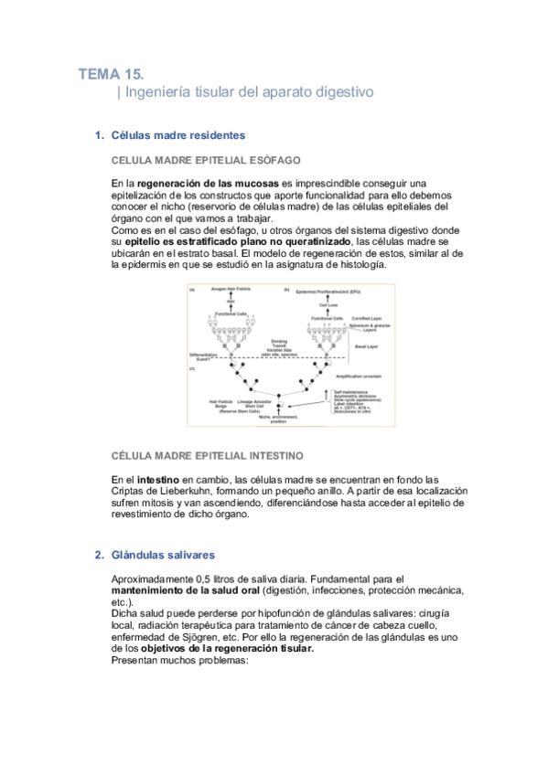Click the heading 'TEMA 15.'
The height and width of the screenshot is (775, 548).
[110, 73]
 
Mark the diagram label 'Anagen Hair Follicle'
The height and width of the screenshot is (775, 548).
[231, 290]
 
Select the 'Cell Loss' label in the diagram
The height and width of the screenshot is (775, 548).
[329, 304]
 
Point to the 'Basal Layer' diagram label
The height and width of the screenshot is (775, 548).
[366, 347]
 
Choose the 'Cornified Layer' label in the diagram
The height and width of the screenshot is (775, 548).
[365, 318]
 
